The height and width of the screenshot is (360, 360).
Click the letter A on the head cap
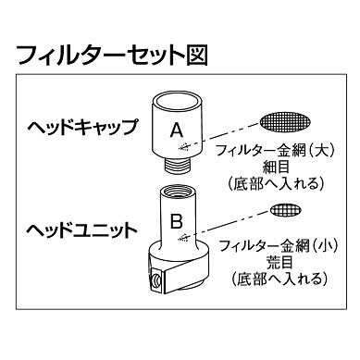[x=178, y=131]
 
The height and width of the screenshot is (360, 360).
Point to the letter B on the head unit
[x=174, y=222]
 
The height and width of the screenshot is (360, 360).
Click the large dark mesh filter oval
[x=282, y=121]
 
